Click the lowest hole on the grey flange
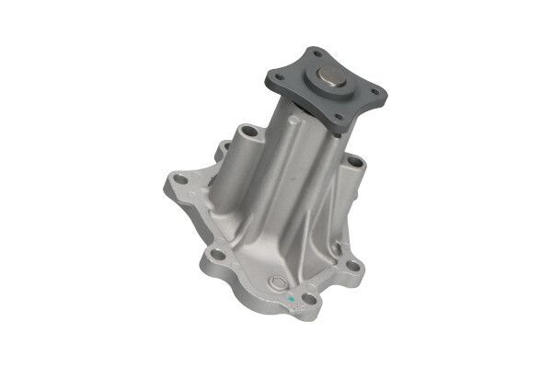click(338, 118)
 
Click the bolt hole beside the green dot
click(310, 297)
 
